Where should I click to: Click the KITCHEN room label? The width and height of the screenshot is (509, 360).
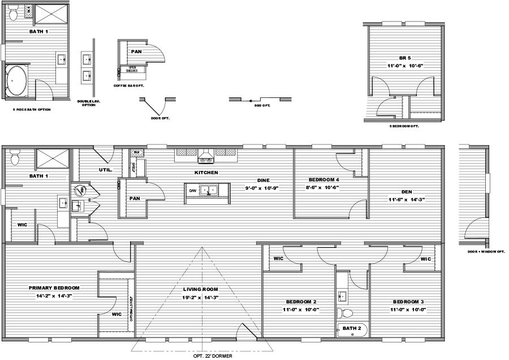click(x=206, y=172)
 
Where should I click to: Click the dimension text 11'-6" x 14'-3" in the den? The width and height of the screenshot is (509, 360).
click(x=406, y=200)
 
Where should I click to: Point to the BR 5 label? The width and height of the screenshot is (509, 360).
click(x=403, y=58)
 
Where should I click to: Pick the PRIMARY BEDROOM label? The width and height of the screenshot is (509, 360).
click(x=54, y=288)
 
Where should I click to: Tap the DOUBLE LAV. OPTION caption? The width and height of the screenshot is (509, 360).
click(x=89, y=103)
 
